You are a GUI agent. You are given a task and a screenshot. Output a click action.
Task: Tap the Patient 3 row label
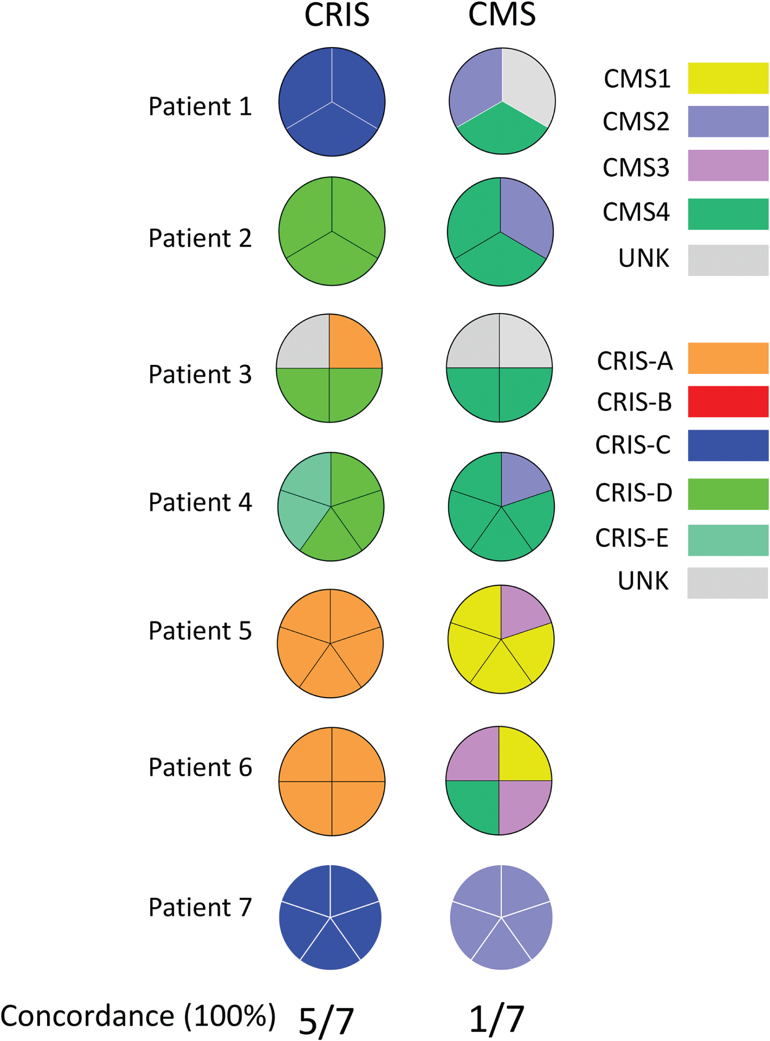coord(200,374)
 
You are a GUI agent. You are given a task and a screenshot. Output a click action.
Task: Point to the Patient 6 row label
coord(200,768)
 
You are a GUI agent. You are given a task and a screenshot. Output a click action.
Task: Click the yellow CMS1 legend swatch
coord(728,78)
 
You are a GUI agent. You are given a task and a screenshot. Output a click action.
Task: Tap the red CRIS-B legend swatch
coord(728,402)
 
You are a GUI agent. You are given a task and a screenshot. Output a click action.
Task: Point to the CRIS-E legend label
coord(632,538)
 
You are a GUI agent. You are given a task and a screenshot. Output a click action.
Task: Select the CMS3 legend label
coord(636,167)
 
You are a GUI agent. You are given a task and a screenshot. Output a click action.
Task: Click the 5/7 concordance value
coord(326,1021)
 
